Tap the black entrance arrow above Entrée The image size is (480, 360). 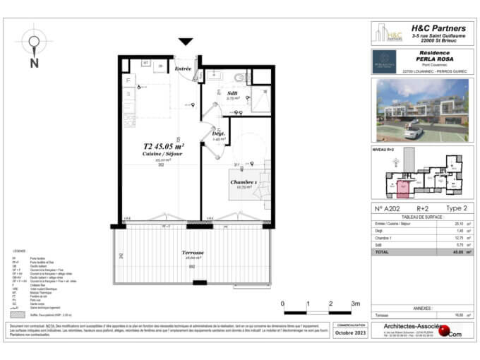pos(186,42)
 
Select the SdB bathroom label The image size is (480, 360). pos(232,94)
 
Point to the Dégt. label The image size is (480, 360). pos(218,133)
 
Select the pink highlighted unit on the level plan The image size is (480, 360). pos(403,187)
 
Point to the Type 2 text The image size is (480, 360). pos(457,209)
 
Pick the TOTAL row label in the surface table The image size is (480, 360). pos(382,251)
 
